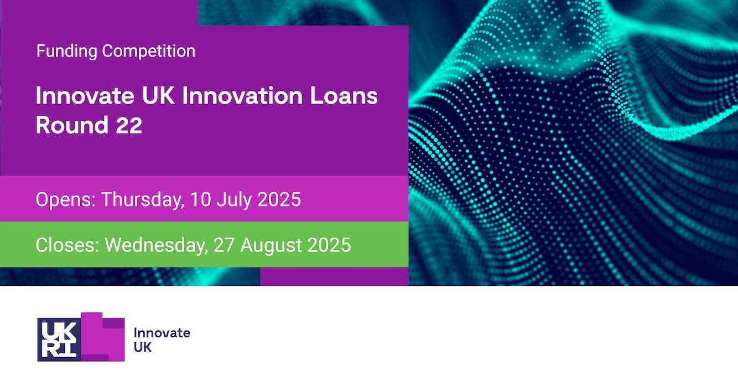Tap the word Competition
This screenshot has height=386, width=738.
pos(149,51)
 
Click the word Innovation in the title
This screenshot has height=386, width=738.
pos(242,96)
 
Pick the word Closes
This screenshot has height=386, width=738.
pos(67,245)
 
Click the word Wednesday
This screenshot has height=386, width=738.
pos(157,246)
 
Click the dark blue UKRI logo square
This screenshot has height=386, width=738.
pos(59,339)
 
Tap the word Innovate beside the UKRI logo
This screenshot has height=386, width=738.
pos(162,333)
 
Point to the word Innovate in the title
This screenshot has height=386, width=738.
pos(85,96)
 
